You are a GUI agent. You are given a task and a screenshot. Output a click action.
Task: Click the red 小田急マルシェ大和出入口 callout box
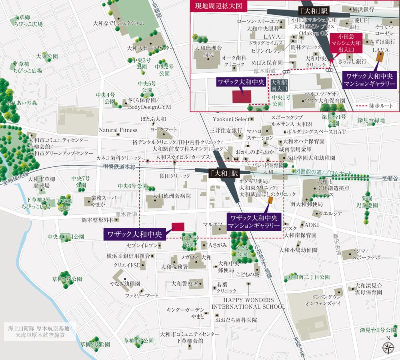pos(346,43)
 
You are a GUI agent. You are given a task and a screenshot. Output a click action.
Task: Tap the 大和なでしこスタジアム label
pos(118,23)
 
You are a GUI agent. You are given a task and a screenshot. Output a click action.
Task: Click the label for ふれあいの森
pos(22,103)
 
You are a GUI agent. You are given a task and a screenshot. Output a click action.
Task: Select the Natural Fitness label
pos(118,130)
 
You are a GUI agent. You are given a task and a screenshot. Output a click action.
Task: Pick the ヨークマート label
pos(164,130)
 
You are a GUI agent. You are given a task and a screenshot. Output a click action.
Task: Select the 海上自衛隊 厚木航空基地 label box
pos(39,331)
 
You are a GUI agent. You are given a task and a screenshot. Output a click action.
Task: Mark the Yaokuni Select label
pos(231,119)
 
